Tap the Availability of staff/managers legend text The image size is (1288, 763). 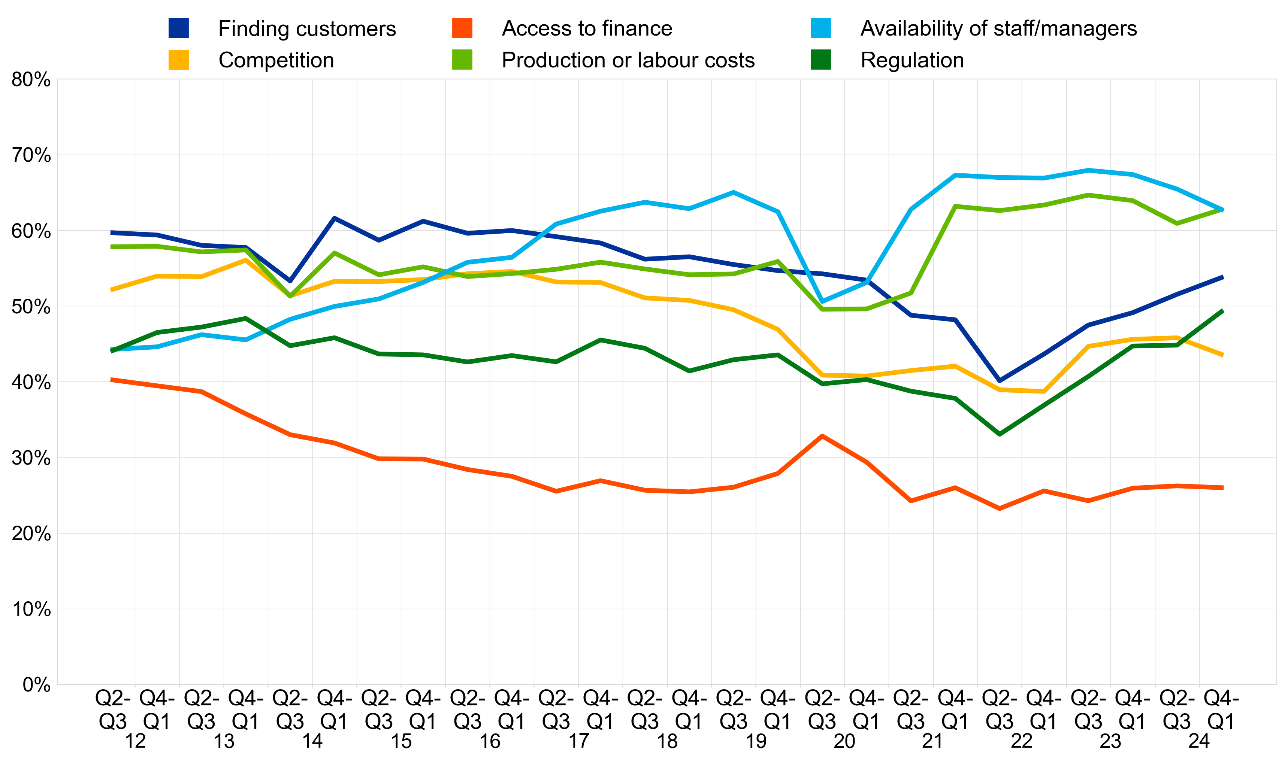[x=998, y=29]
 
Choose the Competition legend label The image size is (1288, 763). [x=276, y=61]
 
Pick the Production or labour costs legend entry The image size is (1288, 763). [x=628, y=61]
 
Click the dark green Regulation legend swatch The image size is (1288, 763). [x=820, y=60]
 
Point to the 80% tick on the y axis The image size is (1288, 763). [x=31, y=80]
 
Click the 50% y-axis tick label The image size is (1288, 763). [x=31, y=307]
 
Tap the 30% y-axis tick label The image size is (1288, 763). [x=31, y=458]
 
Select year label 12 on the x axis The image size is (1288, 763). [x=135, y=741]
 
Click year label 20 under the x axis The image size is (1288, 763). [x=844, y=741]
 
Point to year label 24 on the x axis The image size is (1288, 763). [x=1199, y=741]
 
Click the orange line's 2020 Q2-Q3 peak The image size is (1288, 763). [x=822, y=436]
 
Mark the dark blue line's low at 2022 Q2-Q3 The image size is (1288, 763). [x=1000, y=381]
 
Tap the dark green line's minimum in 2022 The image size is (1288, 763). [x=1000, y=434]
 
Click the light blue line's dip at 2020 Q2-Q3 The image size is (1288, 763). [x=822, y=302]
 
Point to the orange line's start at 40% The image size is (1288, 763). [x=112, y=380]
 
